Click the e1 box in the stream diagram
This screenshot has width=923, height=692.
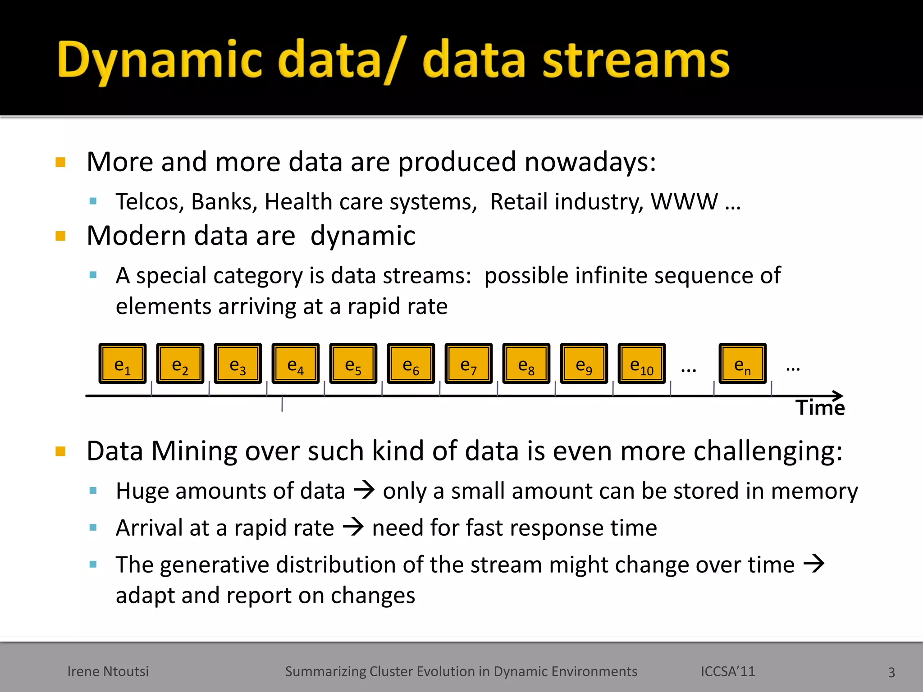coord(123,364)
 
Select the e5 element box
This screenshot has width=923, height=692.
coord(353,364)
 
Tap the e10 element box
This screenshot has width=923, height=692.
coord(642,364)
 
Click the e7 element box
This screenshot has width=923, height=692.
coord(469,364)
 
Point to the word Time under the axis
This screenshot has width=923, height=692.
coord(820,408)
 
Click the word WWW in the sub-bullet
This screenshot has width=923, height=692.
coord(684,201)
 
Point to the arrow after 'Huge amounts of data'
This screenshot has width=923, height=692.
coord(364,490)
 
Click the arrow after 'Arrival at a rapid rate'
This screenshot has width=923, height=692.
coord(353,527)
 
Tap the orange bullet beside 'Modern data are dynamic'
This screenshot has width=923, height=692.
coord(60,236)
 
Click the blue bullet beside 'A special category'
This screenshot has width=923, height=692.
coord(93,275)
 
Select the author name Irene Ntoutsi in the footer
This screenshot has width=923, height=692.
coord(108,671)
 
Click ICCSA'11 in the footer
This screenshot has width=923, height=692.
coord(727,671)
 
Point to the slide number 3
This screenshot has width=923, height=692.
coord(891,672)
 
